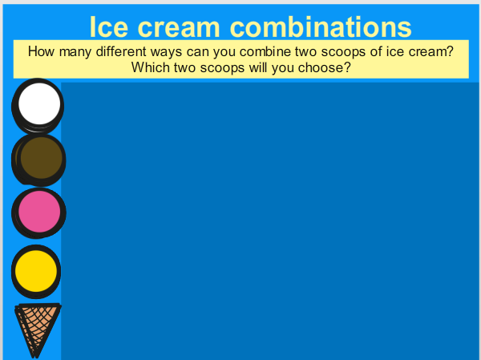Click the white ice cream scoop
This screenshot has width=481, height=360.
point(38,106)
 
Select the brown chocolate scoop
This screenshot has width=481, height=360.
point(38,160)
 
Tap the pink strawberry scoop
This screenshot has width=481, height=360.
point(38,213)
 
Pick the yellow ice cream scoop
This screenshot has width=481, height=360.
point(36,271)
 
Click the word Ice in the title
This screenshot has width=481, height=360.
point(108,27)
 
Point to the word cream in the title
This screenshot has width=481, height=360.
point(179,27)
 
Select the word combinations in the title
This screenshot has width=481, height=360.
point(321,27)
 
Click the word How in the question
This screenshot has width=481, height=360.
point(41,51)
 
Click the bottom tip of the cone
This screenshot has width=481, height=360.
point(35,358)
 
